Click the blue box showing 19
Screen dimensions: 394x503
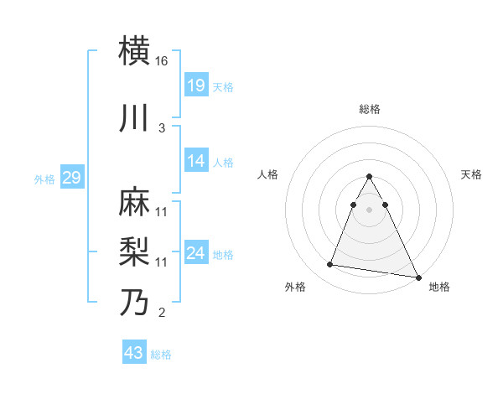(196, 86)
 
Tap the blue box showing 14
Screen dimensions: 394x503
(196, 161)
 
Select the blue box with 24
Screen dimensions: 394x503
(196, 253)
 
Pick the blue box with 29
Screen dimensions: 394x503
(71, 178)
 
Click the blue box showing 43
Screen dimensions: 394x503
(134, 353)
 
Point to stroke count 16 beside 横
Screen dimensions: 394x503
(162, 62)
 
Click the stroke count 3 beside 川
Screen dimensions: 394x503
(162, 127)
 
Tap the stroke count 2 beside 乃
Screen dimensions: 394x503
(162, 314)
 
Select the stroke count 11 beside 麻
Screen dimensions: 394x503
(162, 211)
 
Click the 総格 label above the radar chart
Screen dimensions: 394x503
(370, 109)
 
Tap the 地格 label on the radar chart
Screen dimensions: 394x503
(439, 287)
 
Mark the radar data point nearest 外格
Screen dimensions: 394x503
(330, 265)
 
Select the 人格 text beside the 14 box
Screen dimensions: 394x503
(223, 163)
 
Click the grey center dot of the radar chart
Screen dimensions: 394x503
(370, 210)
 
